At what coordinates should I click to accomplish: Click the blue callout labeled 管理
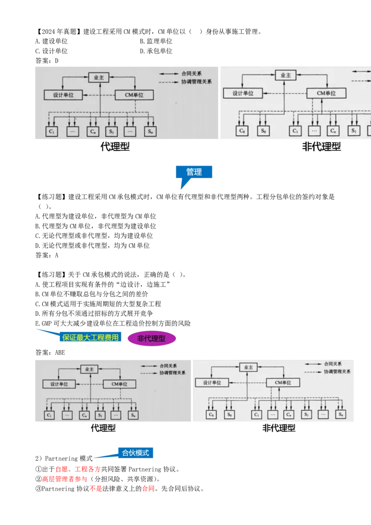point(194,172)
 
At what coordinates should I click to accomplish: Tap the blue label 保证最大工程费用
point(90,337)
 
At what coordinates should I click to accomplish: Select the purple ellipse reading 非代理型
point(151,339)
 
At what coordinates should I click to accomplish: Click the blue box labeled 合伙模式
point(135,453)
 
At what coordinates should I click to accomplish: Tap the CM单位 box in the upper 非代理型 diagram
point(326,93)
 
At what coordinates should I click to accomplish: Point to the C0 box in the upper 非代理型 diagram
point(242,131)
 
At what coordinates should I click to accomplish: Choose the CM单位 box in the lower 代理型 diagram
point(119,384)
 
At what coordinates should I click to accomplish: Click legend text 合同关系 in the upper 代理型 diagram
point(192,74)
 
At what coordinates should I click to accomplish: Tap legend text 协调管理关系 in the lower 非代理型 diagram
point(337,372)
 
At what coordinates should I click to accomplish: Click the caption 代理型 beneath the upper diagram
point(115,147)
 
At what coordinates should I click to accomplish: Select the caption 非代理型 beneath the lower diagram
point(278,429)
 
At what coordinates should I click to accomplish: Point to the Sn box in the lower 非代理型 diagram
point(341,414)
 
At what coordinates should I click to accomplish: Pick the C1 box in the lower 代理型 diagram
point(50,415)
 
